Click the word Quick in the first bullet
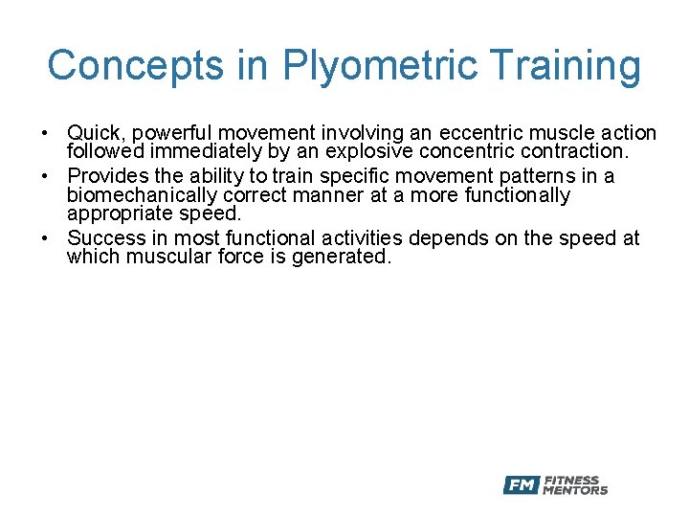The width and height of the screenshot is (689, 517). click(x=92, y=133)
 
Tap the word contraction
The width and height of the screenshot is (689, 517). click(x=581, y=151)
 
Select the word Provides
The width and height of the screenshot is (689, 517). click(x=106, y=176)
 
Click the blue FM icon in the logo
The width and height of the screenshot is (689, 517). click(x=522, y=485)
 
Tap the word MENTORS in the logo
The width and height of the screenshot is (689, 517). click(x=575, y=491)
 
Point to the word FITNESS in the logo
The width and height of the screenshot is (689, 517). click(x=571, y=481)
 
